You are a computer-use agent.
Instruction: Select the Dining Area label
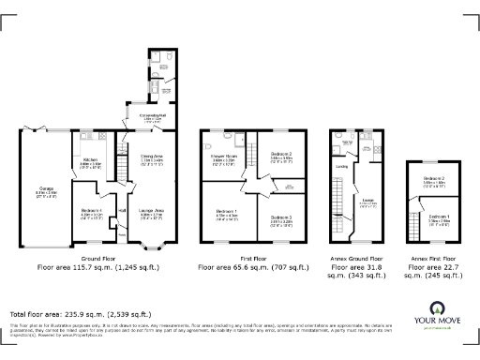click(152, 157)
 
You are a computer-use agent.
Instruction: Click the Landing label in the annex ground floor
click(342, 167)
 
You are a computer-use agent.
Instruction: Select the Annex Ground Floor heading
click(357, 257)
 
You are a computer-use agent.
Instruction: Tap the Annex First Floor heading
click(432, 257)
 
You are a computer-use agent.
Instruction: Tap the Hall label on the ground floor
click(122, 211)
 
